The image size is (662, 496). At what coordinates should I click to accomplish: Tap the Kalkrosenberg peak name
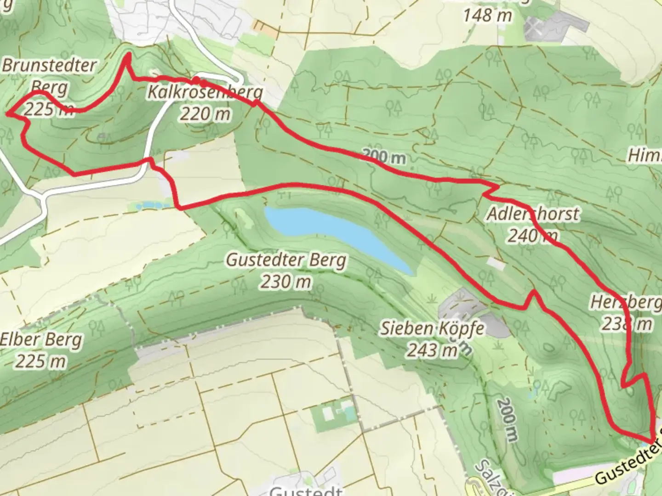pos(205,92)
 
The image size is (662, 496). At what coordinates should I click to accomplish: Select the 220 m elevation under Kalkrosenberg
pos(205,113)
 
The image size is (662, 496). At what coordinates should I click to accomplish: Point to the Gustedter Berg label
pos(286,260)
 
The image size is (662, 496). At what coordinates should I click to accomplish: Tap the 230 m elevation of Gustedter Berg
pos(286,282)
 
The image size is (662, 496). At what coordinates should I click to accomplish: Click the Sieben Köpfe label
pos(432,328)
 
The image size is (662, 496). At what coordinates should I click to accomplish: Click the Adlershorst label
pos(533,214)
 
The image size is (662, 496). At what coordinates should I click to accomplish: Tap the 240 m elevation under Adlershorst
pos(533,236)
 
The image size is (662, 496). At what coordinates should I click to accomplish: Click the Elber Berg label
pos(41,340)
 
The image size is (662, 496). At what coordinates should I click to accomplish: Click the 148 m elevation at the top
pos(487,16)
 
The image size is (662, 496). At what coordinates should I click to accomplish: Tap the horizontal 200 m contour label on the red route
pos(384,158)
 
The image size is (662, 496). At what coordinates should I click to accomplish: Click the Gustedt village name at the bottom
pos(306,491)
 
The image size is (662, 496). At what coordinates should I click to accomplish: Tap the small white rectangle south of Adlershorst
pos(496,264)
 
